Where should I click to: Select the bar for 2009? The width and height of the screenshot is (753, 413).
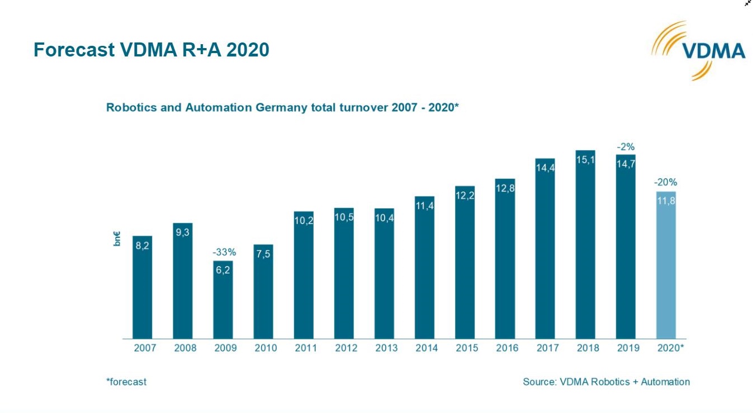tap(223, 302)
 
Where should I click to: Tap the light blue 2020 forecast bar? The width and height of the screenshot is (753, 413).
tap(666, 268)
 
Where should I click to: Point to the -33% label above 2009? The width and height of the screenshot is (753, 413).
tap(223, 252)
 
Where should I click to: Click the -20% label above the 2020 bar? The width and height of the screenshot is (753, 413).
tap(666, 182)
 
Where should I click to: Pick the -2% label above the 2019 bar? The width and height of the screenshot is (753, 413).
tap(626, 146)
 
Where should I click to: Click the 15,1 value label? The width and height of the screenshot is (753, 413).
tap(585, 161)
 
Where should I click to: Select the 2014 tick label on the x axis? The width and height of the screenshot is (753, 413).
tap(427, 348)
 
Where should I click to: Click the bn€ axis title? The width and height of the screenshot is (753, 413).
tap(117, 239)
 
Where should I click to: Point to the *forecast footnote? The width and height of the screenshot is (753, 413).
tap(126, 382)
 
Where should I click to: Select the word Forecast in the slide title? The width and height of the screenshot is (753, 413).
tap(74, 50)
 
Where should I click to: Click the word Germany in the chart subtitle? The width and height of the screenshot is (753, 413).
tap(282, 107)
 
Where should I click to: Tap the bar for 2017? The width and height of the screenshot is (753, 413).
tap(545, 251)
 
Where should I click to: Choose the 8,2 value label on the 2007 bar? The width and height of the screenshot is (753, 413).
tap(143, 246)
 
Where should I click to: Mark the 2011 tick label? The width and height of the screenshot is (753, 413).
tap(306, 348)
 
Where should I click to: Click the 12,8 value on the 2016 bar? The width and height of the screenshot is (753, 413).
tap(505, 189)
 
